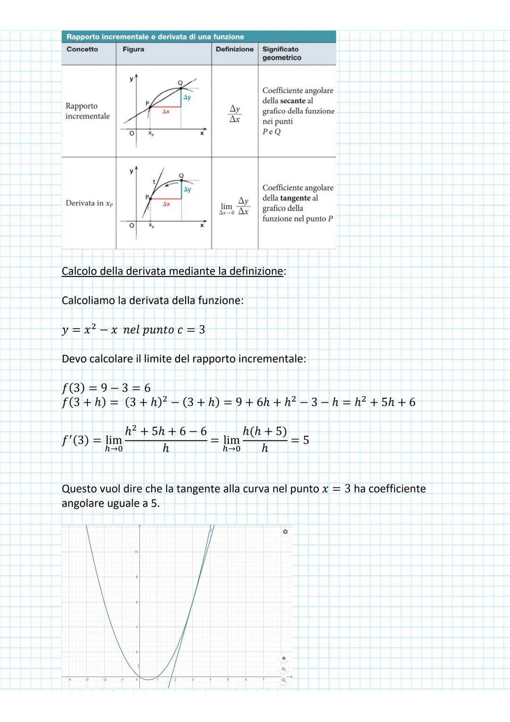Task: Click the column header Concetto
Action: click(82, 49)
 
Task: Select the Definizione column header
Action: click(235, 49)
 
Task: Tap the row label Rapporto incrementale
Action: click(87, 111)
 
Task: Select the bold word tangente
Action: click(295, 198)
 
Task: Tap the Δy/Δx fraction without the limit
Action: click(235, 114)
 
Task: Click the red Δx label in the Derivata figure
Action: click(166, 204)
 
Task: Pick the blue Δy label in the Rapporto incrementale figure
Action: click(187, 97)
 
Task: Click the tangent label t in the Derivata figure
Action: click(154, 181)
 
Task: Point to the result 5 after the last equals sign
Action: click(306, 440)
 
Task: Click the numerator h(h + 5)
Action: click(264, 431)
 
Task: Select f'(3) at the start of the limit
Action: click(75, 440)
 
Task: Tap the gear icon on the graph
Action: click(285, 532)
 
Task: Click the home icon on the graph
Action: click(283, 658)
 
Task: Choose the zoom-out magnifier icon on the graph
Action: click(283, 680)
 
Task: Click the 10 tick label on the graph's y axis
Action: click(136, 552)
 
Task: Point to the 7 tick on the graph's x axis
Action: click(263, 680)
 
